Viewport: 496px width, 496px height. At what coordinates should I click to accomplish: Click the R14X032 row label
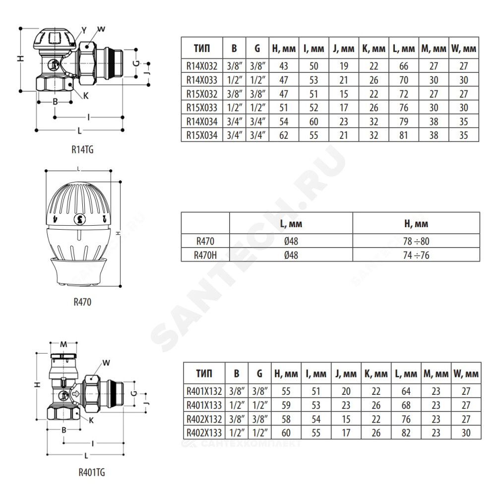(202, 66)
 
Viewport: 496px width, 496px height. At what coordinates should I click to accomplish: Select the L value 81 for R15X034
(404, 135)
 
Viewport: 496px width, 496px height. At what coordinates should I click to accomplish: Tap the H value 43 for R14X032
(284, 66)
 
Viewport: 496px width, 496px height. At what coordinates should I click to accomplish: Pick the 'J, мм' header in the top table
(344, 49)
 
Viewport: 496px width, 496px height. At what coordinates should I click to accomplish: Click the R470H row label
(205, 255)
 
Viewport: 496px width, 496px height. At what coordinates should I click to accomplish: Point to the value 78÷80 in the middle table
(416, 242)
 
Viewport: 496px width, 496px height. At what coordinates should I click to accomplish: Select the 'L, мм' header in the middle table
(291, 224)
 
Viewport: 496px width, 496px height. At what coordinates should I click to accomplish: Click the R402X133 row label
(204, 433)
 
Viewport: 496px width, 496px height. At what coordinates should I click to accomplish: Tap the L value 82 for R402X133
(406, 433)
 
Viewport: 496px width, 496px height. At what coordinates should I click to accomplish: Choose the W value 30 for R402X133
(466, 433)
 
